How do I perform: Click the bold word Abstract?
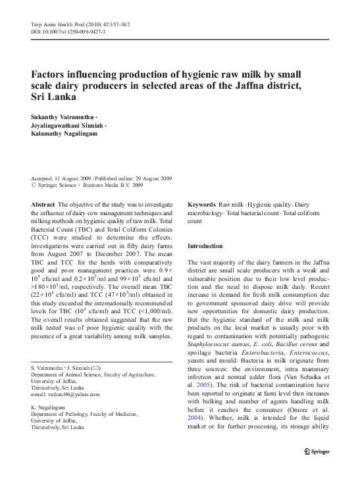(43, 205)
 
